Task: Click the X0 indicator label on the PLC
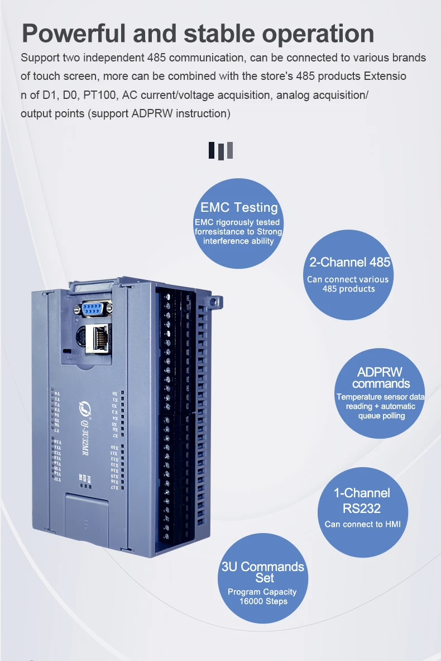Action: [115, 393]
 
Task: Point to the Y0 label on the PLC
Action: [57, 394]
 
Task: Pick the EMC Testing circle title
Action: [239, 207]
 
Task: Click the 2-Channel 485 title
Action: [349, 262]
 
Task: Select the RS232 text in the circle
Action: [362, 508]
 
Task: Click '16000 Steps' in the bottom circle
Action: [263, 601]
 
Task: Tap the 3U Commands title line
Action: [263, 567]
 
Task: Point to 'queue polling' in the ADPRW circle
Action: [382, 416]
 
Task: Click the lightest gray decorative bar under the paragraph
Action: [230, 150]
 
